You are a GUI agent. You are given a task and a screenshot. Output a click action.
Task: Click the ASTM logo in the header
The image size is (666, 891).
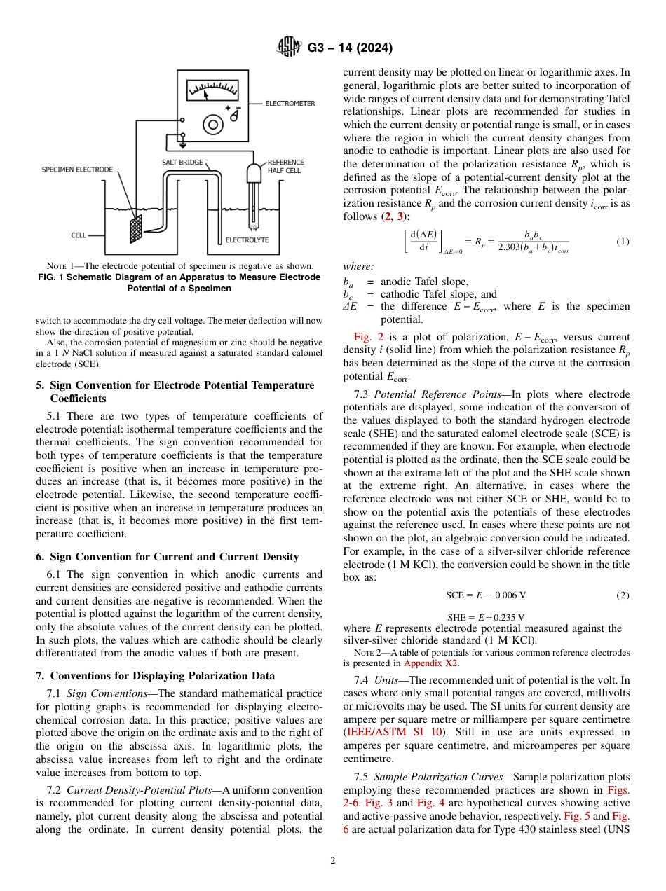pyautogui.click(x=289, y=48)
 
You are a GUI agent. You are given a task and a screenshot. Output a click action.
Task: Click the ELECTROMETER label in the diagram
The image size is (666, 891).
pyautogui.click(x=290, y=104)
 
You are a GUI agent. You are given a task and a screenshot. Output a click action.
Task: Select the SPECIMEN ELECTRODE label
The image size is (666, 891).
pyautogui.click(x=77, y=170)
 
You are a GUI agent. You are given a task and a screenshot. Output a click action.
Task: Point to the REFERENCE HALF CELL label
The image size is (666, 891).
pyautogui.click(x=286, y=166)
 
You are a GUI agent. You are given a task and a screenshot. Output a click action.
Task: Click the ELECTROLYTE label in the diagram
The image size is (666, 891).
pyautogui.click(x=247, y=240)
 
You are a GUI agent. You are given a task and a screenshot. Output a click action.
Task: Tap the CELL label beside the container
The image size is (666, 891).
pyautogui.click(x=79, y=235)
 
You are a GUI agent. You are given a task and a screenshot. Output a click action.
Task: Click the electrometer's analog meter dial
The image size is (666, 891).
pyautogui.click(x=212, y=90)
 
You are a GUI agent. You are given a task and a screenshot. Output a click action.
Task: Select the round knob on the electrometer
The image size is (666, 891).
pyautogui.click(x=212, y=125)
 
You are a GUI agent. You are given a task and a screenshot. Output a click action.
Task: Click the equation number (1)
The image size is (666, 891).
pyautogui.click(x=623, y=242)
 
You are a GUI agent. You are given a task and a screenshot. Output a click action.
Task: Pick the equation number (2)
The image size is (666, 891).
pyautogui.click(x=623, y=595)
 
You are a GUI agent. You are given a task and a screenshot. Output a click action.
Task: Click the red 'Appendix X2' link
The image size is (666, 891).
pyautogui.click(x=431, y=663)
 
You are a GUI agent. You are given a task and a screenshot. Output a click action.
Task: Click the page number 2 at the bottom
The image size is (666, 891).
pyautogui.click(x=332, y=861)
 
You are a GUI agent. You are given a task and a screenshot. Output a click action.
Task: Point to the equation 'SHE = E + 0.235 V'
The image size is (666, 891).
pyautogui.click(x=486, y=616)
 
